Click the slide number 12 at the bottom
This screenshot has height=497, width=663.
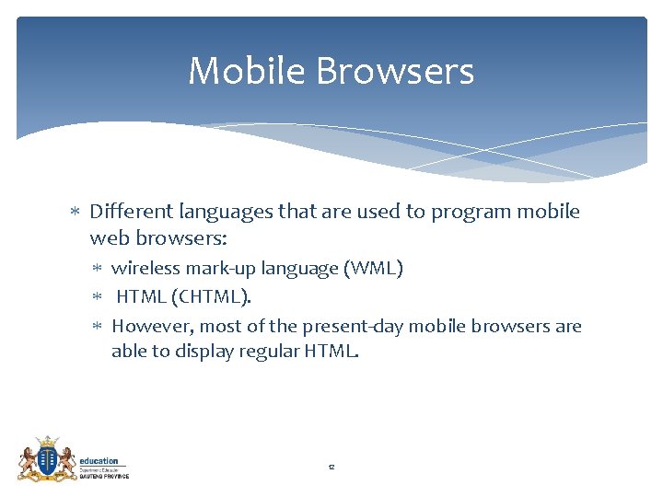pos(331,468)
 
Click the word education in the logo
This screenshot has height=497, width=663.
pos(99,461)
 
